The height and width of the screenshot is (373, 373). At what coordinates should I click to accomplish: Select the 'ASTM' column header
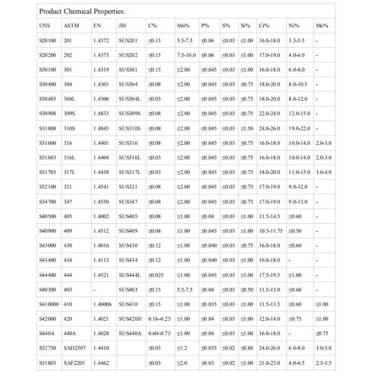coord(71,26)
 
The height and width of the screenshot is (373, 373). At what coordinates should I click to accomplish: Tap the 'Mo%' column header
coord(322,26)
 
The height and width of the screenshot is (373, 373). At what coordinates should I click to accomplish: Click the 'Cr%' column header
coord(264,26)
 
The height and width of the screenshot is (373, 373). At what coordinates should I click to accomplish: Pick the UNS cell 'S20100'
coord(48,40)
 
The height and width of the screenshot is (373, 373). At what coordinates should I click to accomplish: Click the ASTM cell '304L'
coord(70,99)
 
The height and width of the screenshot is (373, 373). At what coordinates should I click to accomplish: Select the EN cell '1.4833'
coord(101,113)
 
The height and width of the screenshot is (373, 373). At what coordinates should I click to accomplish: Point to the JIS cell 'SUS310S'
coord(131,128)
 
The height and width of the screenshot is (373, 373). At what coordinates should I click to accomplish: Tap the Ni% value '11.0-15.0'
coord(300,172)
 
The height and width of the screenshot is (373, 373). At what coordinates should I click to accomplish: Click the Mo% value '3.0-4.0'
coord(324,172)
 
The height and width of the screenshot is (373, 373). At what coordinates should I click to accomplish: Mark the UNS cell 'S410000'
coord(49,303)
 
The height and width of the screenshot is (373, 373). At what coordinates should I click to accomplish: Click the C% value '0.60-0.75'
coord(160,333)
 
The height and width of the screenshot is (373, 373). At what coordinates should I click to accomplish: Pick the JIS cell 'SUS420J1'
coord(131,318)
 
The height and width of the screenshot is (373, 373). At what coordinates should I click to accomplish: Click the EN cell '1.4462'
coord(101,362)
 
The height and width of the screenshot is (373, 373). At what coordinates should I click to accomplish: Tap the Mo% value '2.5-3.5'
coord(324,362)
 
